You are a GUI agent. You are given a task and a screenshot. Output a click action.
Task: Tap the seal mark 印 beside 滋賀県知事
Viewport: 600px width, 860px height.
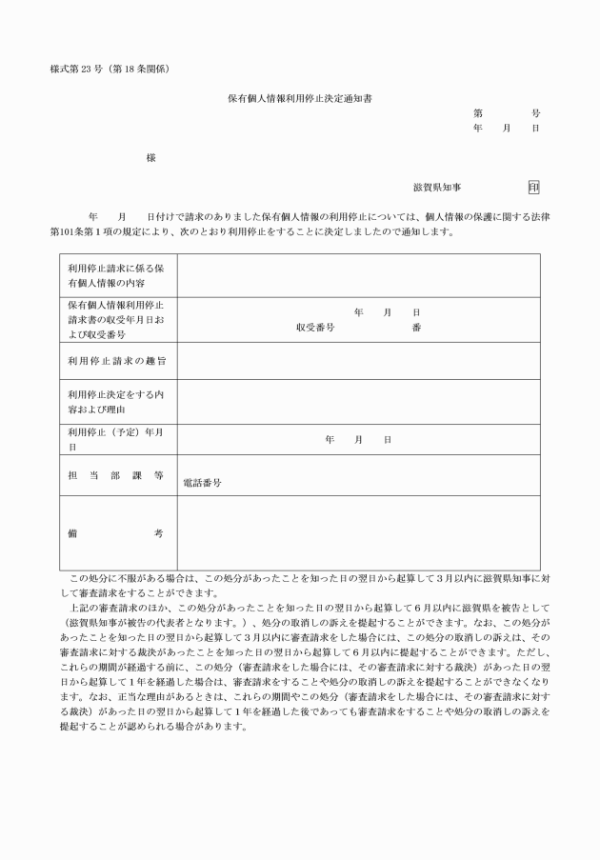click(533, 188)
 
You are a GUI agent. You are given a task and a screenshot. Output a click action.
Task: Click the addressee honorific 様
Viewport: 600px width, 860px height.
click(150, 157)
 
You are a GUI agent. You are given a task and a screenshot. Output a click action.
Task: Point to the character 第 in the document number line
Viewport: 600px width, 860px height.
click(477, 112)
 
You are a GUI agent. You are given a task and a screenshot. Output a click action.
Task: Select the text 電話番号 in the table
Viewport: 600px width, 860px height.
click(202, 483)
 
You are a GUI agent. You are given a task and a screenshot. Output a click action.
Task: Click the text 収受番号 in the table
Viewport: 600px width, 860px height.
click(314, 327)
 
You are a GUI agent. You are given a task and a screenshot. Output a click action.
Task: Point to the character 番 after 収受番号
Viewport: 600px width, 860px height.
click(416, 327)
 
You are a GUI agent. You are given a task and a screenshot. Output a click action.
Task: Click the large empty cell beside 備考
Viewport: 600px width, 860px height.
click(358, 533)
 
